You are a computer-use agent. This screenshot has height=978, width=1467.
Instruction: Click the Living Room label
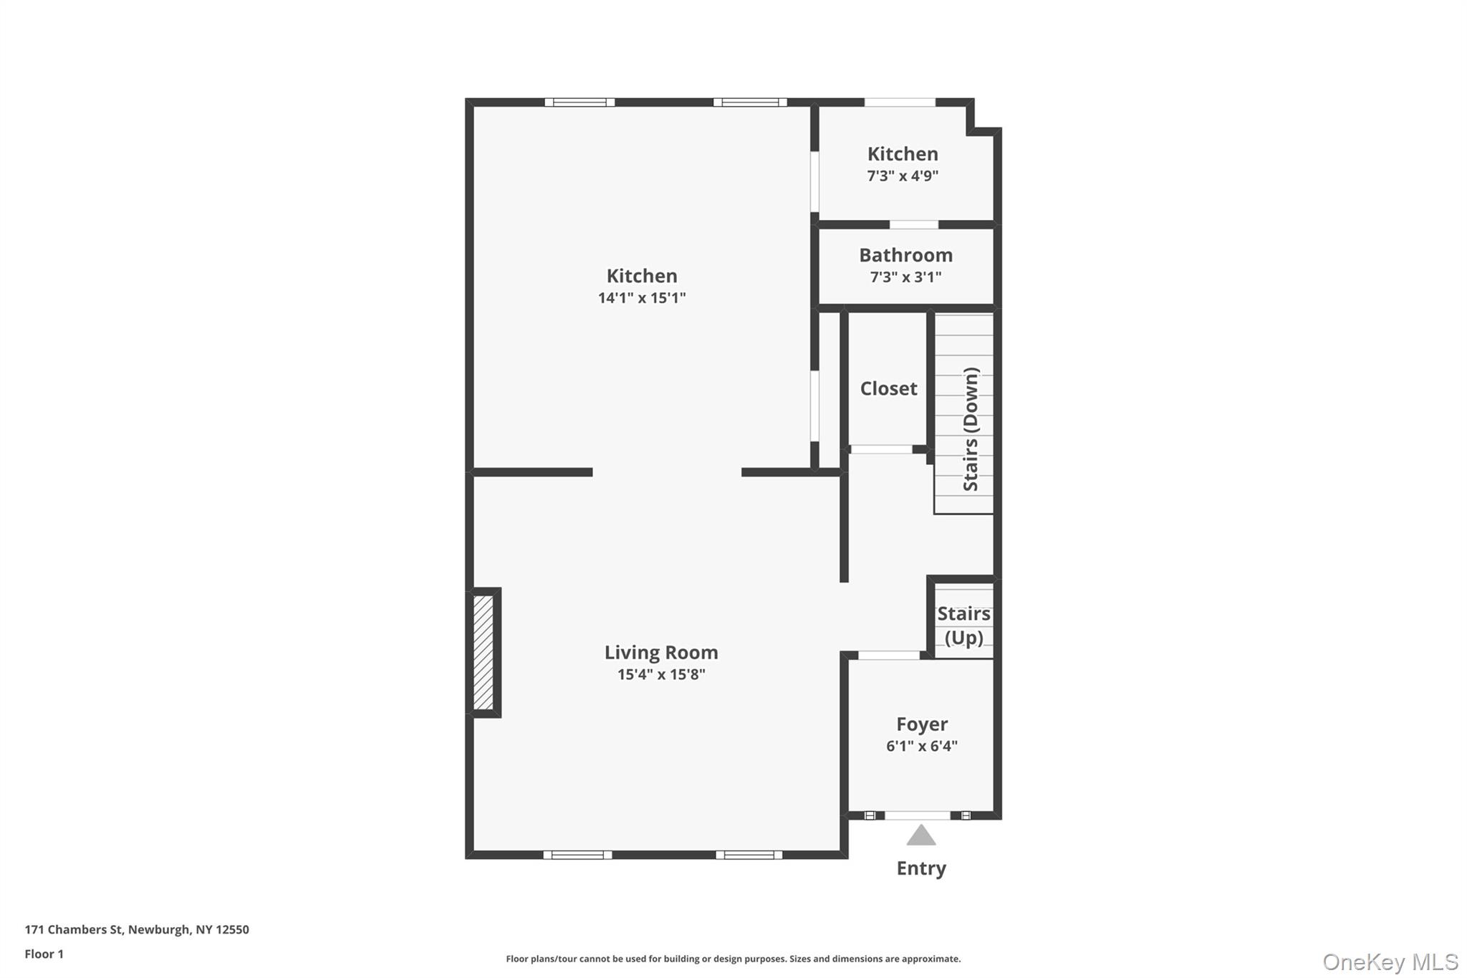click(x=660, y=653)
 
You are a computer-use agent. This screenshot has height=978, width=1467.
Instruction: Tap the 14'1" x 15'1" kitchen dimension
click(x=642, y=298)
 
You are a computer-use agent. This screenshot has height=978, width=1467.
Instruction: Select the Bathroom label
click(x=905, y=255)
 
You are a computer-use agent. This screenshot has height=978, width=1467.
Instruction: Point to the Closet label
click(x=888, y=388)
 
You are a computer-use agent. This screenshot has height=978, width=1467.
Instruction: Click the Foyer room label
click(x=922, y=724)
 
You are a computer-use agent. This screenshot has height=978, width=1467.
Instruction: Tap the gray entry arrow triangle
click(x=921, y=835)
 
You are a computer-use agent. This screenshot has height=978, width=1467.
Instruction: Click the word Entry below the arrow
click(x=921, y=868)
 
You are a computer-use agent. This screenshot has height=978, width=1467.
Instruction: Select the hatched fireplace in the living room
click(x=484, y=653)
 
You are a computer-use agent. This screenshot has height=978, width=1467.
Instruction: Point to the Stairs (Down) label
click(x=971, y=429)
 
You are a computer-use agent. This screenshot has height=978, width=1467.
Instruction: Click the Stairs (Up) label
click(x=963, y=625)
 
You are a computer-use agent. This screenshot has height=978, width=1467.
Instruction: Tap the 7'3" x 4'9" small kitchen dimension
click(x=903, y=176)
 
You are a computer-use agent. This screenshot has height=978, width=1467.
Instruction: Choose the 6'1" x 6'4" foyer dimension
click(x=922, y=746)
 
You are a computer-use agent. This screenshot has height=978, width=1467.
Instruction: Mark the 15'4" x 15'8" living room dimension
click(x=661, y=674)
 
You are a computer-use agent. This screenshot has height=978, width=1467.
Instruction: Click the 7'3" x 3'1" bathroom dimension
click(x=905, y=277)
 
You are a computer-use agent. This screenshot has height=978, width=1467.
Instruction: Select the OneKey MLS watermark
click(x=1390, y=962)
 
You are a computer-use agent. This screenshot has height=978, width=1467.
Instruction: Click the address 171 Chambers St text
click(x=137, y=930)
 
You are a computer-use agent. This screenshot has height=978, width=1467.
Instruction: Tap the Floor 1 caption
click(x=44, y=954)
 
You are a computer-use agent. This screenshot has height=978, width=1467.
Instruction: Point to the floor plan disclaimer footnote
click(x=733, y=959)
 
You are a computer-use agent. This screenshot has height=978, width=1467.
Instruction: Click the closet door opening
click(x=880, y=449)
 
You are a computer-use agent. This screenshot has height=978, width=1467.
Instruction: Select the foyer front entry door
click(x=918, y=815)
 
